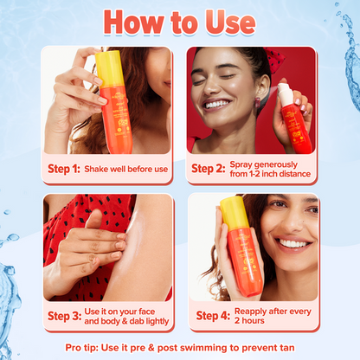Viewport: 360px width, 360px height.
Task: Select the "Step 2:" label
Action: pyautogui.click(x=211, y=168)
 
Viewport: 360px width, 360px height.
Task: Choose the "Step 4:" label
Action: pyautogui.click(x=211, y=316)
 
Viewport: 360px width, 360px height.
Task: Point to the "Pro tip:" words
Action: pyautogui.click(x=84, y=346)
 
